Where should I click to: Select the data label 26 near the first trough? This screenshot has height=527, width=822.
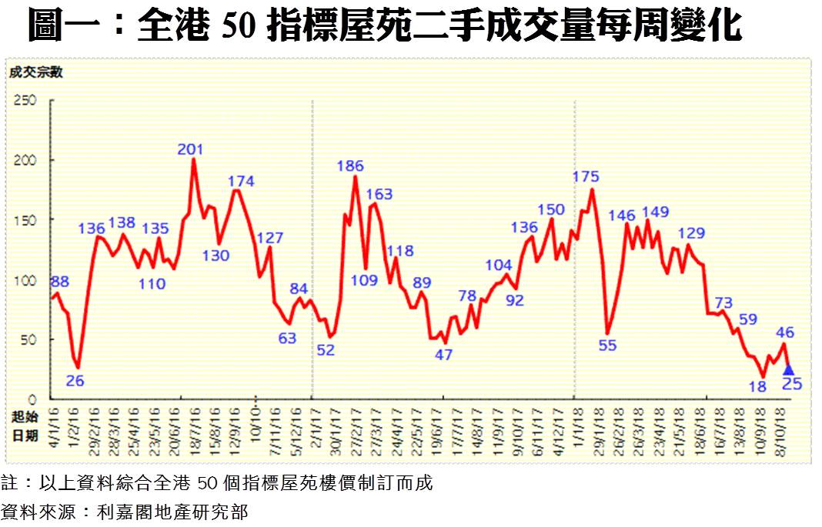(75, 379)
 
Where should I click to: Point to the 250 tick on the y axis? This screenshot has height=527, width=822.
(26, 100)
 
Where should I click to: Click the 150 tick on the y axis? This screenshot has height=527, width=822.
(26, 220)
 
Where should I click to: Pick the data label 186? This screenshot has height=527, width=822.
(350, 165)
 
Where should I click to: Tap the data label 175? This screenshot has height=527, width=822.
(586, 176)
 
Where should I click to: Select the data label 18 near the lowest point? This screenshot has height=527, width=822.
(757, 387)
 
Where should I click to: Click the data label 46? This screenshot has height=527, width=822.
(785, 332)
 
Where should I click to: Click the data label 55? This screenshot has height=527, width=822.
(607, 345)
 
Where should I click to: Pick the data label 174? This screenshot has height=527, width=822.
(241, 181)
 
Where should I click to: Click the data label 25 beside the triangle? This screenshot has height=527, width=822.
(792, 383)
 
